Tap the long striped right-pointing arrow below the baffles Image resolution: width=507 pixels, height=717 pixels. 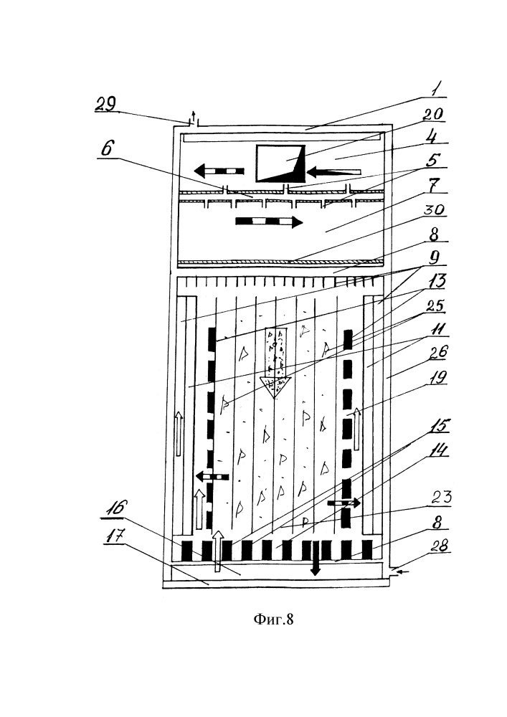click(268, 222)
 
